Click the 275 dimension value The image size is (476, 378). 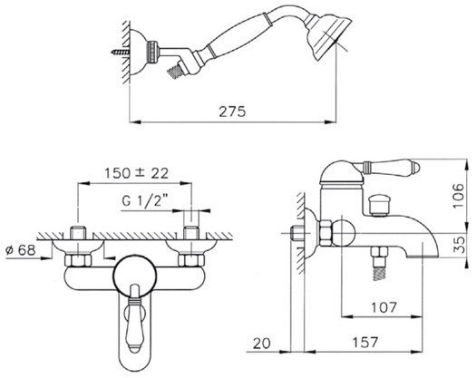(x=232, y=111)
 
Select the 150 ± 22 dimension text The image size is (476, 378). (x=136, y=173)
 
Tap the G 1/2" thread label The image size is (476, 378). (x=145, y=200)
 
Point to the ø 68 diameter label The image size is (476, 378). (x=21, y=250)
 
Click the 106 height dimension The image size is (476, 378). (x=459, y=196)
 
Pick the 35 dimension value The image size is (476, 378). (x=461, y=245)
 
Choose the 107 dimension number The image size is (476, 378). (x=384, y=307)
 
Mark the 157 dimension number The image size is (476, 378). (x=365, y=343)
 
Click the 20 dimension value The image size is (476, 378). (x=262, y=344)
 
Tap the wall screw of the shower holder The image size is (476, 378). (x=121, y=53)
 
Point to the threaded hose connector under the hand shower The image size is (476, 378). (x=176, y=72)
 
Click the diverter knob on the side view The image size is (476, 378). (x=379, y=206)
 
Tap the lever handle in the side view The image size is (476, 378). (x=390, y=167)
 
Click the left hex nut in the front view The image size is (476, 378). (x=78, y=260)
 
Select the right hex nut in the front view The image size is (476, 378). (x=191, y=260)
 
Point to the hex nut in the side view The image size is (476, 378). (x=325, y=233)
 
